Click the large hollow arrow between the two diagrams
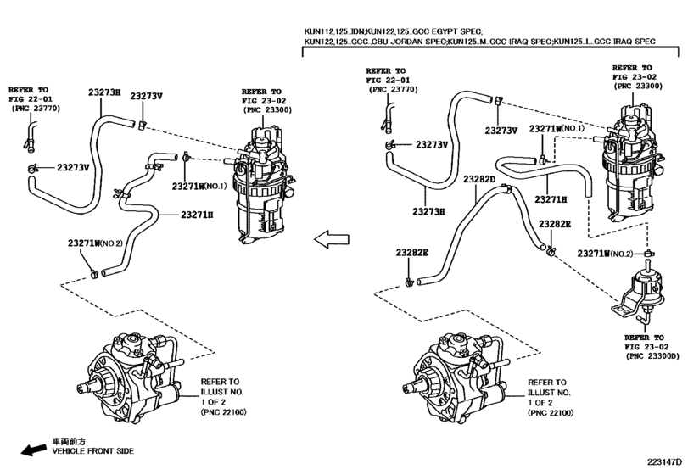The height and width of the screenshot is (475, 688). click(x=332, y=239)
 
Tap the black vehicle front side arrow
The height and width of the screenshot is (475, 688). click(x=34, y=450)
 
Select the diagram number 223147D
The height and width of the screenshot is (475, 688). click(x=665, y=462)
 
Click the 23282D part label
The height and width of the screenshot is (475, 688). click(x=479, y=179)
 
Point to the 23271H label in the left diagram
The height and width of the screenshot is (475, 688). click(x=197, y=215)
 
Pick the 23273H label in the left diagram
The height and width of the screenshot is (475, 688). click(x=104, y=92)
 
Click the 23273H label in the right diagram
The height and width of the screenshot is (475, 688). click(x=428, y=211)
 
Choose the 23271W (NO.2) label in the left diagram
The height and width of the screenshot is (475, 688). click(x=95, y=243)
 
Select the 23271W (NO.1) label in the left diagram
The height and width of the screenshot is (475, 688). click(x=199, y=186)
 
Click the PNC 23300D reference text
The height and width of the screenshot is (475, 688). click(x=652, y=356)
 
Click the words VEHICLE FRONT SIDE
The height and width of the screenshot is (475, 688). click(x=93, y=451)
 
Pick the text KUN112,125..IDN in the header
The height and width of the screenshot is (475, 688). click(x=334, y=31)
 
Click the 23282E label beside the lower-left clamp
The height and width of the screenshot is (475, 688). click(x=411, y=253)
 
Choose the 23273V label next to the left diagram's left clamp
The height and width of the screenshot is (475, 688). click(x=73, y=168)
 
